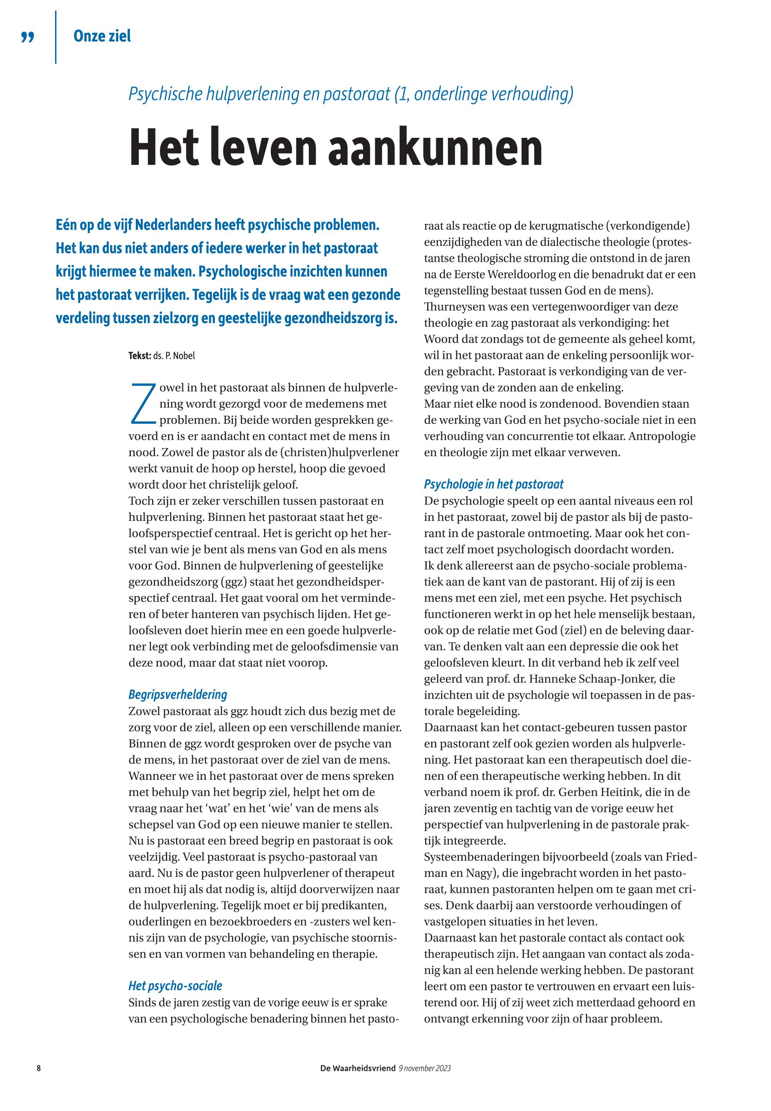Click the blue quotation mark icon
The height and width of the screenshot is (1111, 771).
(x=28, y=38)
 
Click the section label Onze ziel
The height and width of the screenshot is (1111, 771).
(x=102, y=36)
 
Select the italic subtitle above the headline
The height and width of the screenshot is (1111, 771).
(x=351, y=94)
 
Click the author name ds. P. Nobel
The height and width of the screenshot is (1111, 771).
(x=174, y=356)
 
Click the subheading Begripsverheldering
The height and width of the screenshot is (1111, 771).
(x=177, y=694)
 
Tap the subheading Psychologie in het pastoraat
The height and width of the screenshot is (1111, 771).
(x=493, y=484)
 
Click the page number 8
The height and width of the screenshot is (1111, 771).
(x=38, y=1068)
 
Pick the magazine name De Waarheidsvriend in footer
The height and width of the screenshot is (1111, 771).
(x=357, y=1068)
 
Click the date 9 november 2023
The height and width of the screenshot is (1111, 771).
(x=425, y=1068)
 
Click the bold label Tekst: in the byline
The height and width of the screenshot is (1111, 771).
(x=140, y=356)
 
